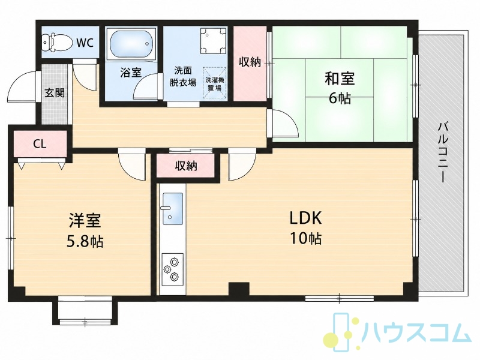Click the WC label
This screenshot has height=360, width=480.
[85, 43]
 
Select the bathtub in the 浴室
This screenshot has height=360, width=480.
[131, 44]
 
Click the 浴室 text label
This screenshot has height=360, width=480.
[131, 73]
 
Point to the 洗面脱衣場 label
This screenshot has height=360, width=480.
[183, 77]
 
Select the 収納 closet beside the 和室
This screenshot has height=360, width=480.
[250, 64]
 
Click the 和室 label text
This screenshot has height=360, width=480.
[340, 79]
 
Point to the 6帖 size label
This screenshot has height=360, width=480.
[340, 98]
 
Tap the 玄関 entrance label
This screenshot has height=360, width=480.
[55, 93]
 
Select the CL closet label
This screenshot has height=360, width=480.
[40, 144]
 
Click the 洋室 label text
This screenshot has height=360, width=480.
[85, 220]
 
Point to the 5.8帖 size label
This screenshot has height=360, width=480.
[85, 242]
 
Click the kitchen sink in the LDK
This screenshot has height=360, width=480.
[173, 209]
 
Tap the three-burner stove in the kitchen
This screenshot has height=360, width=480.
[172, 269]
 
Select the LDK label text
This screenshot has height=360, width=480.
[305, 218]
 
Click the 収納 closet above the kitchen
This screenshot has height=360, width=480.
[186, 166]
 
